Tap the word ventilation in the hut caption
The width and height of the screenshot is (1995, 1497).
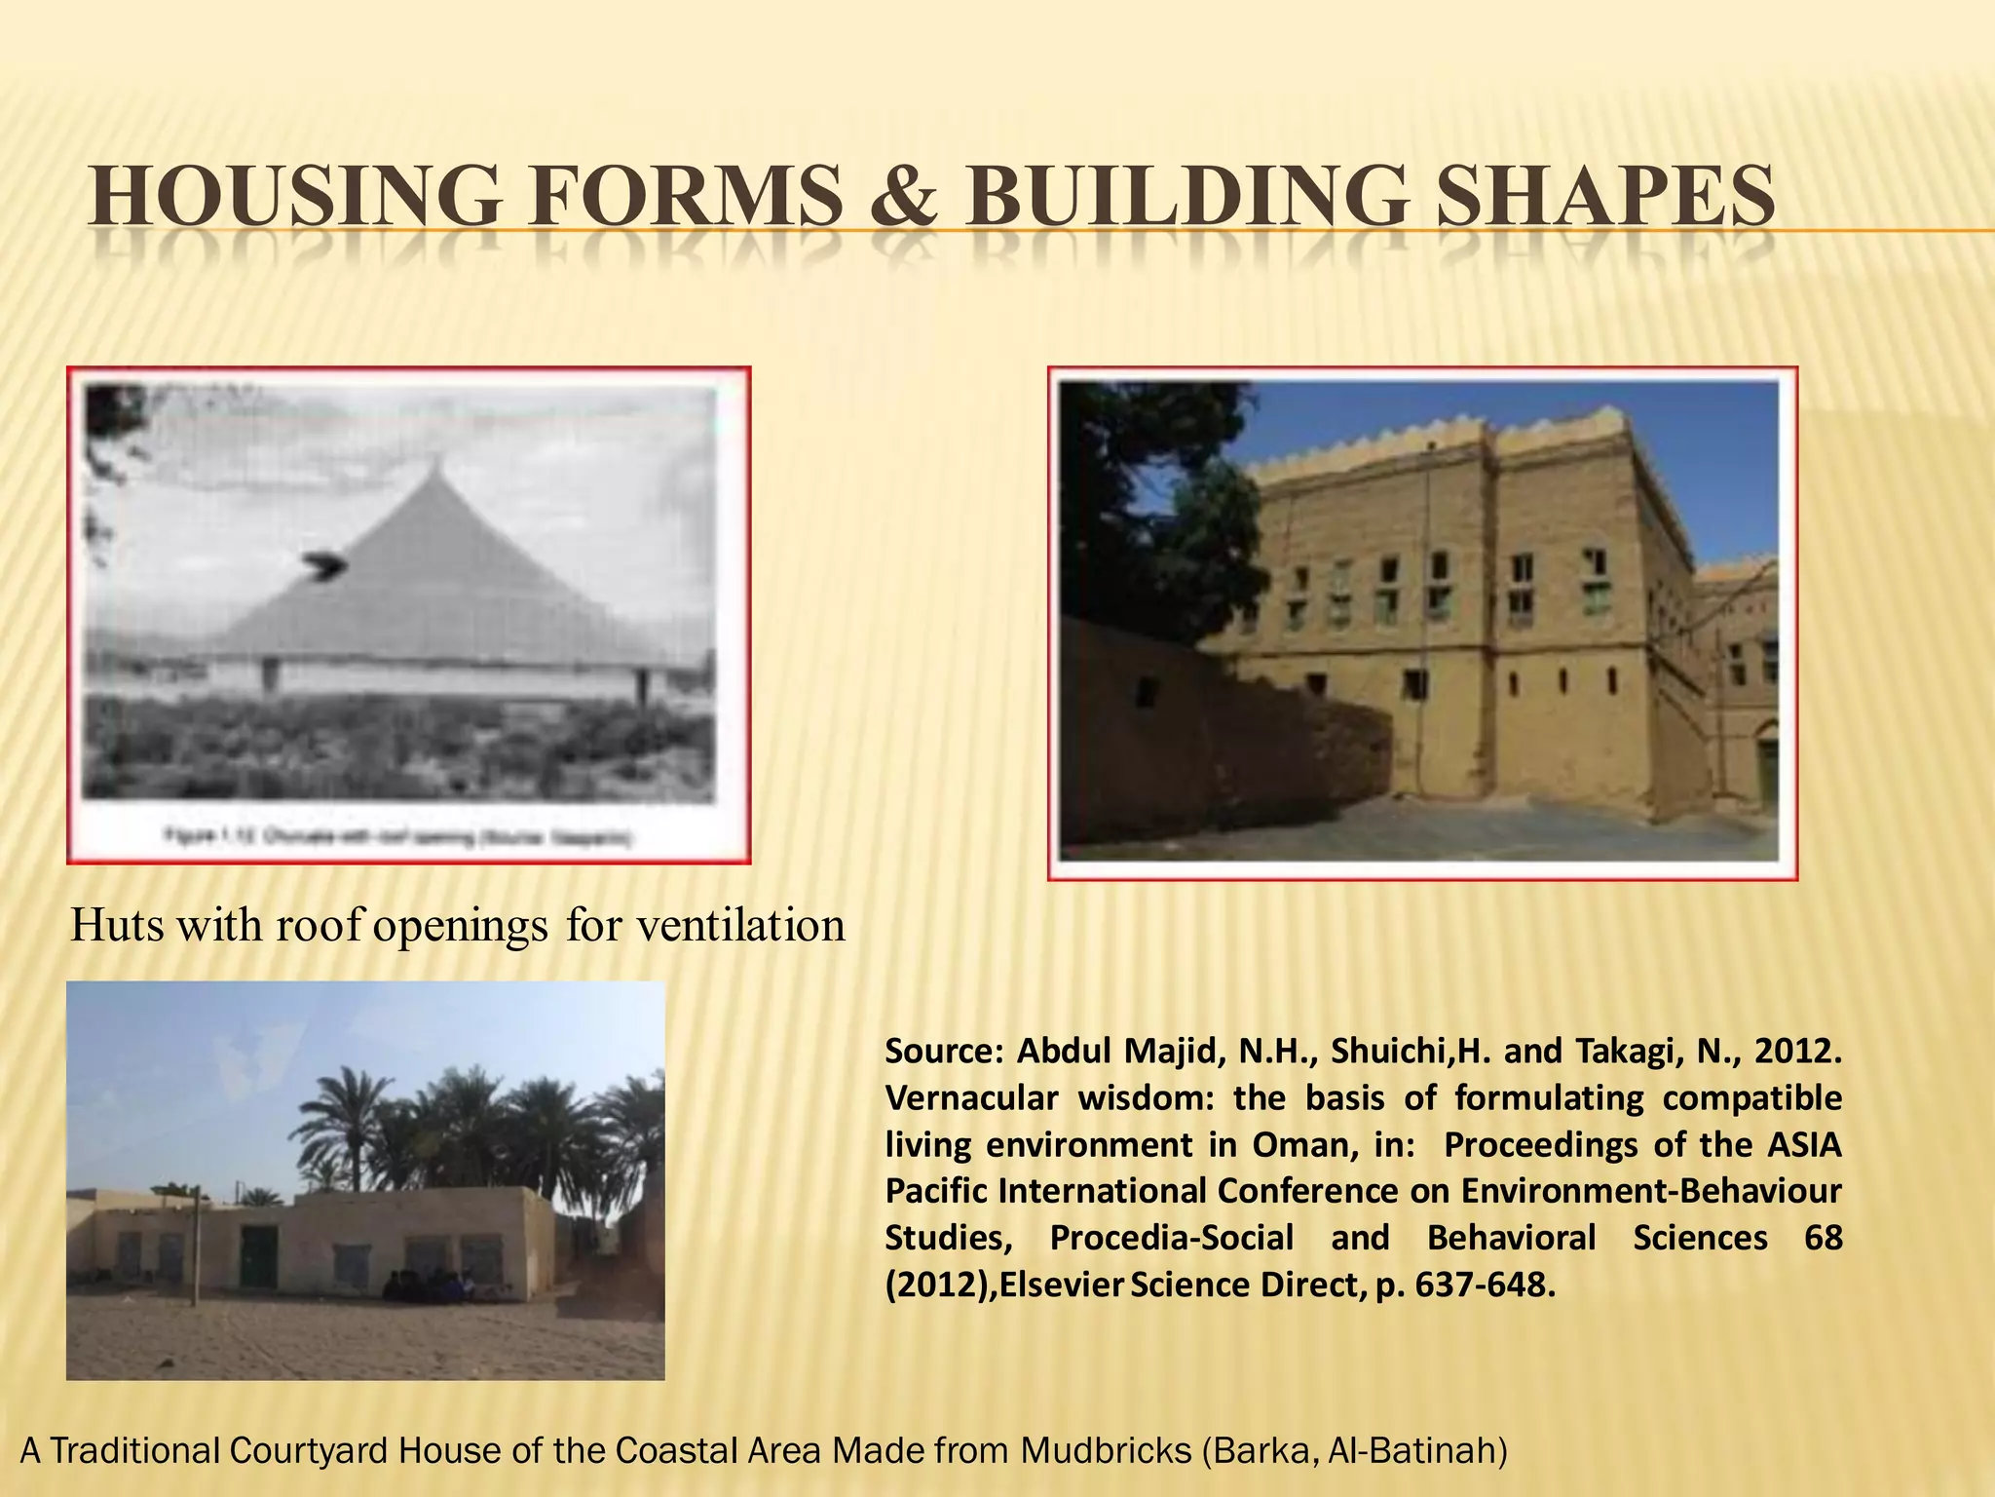[x=740, y=925]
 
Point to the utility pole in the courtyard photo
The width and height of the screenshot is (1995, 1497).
[x=194, y=1247]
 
